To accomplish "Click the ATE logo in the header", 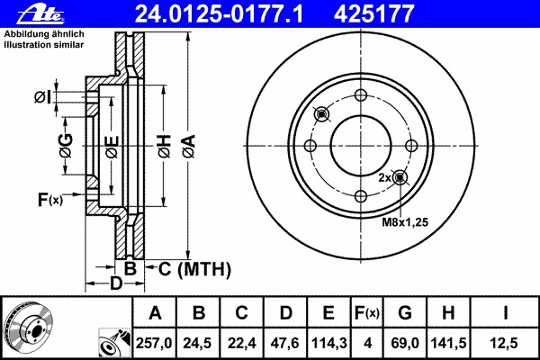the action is tap(40, 15).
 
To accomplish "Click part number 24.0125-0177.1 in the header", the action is tap(219, 13).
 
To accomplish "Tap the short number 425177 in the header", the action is tap(373, 13).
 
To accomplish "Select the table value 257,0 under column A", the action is tap(154, 343).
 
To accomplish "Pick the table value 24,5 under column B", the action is tap(197, 343).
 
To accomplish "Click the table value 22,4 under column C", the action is tap(241, 343).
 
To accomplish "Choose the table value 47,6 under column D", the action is tap(285, 343).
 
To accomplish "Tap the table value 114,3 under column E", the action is tap(329, 343).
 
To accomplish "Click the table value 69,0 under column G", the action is tap(405, 343).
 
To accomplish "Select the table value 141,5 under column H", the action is tap(448, 343).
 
